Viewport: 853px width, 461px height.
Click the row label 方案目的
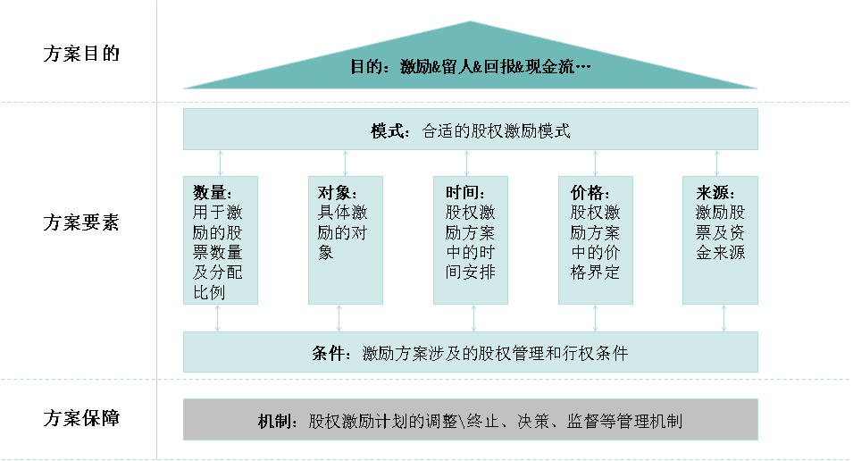coord(81,54)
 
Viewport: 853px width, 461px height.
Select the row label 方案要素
coord(81,222)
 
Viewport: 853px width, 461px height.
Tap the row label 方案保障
coord(81,418)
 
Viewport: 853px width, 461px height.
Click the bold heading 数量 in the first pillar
coord(209,192)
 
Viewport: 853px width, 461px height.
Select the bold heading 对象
coord(334,192)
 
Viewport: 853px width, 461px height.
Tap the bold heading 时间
coord(462,192)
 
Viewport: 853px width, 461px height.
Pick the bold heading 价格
coord(587,192)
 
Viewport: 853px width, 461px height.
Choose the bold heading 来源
coord(712,192)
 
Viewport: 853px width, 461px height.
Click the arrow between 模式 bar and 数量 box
coord(221,163)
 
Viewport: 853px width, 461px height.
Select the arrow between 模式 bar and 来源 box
coord(716,163)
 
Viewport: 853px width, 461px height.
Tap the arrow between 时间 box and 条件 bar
coord(473,318)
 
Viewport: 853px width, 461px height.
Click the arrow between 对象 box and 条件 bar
coord(339,318)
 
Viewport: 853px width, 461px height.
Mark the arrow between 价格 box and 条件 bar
coord(595,318)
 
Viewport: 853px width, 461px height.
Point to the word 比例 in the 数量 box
coord(209,292)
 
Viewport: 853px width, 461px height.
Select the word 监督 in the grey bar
coord(582,421)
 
